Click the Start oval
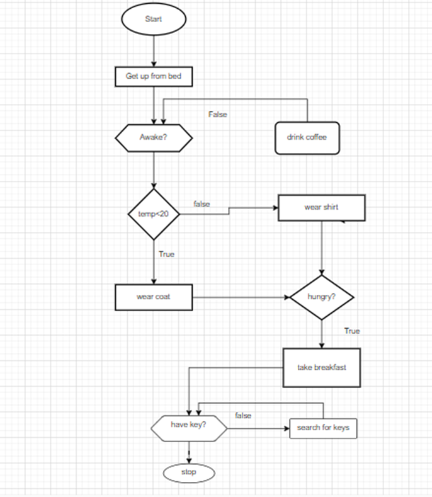pos(154,20)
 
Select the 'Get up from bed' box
pos(154,76)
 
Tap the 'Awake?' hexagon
pos(154,137)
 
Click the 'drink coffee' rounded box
pos(307,137)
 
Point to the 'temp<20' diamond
pos(154,215)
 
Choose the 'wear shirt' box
pos(321,207)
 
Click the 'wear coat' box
pos(154,297)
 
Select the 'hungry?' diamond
pos(321,297)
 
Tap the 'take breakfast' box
pos(321,367)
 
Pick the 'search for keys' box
pos(322,428)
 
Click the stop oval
pos(189,472)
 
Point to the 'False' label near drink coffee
pos(218,115)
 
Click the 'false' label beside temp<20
pos(202,204)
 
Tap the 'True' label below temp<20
pos(167,254)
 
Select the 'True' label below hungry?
pos(352,331)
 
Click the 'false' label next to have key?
pos(243,416)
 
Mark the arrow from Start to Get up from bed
pos(154,50)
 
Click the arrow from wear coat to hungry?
pos(239,297)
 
